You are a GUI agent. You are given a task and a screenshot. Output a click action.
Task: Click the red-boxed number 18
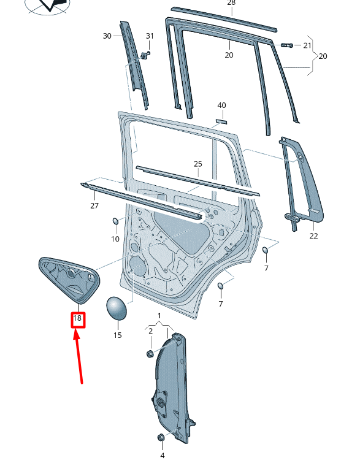[x=77, y=319]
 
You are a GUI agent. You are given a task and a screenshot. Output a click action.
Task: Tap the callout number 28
[x=231, y=3]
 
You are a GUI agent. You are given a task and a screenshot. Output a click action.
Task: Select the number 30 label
[x=107, y=36]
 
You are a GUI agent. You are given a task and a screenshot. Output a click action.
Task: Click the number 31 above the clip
[x=150, y=36]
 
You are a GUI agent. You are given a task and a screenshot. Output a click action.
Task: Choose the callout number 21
[x=307, y=45]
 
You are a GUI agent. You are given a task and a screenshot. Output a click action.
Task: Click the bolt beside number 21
[x=286, y=45]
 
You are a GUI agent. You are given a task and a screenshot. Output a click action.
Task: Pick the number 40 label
[x=221, y=105]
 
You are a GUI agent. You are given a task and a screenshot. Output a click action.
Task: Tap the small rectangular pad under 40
[x=221, y=121]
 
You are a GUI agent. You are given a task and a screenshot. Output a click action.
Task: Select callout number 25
[x=197, y=164]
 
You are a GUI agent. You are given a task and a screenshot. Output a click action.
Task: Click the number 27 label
[x=94, y=205]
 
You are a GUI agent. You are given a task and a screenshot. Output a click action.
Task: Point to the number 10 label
[x=115, y=239]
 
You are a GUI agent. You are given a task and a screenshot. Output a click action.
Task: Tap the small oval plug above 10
[x=115, y=221]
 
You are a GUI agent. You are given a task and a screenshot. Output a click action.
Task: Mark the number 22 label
[x=313, y=235]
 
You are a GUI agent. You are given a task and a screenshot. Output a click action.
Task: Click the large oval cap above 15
[x=117, y=308]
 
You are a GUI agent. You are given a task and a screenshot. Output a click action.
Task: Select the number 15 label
[x=117, y=335]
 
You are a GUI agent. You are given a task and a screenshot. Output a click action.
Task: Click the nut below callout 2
[x=150, y=353]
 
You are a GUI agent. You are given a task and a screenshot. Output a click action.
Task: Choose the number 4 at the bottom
[x=163, y=455]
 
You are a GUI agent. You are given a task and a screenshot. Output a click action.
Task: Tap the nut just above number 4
[x=162, y=437]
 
